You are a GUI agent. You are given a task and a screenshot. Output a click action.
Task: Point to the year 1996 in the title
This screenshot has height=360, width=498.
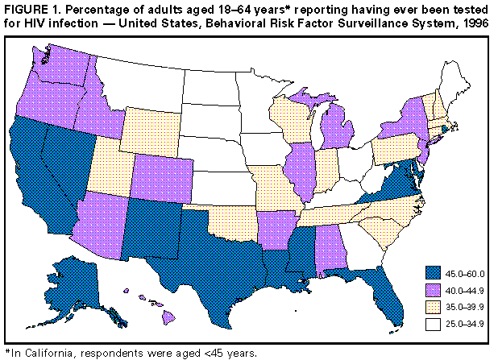pos(475,23)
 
